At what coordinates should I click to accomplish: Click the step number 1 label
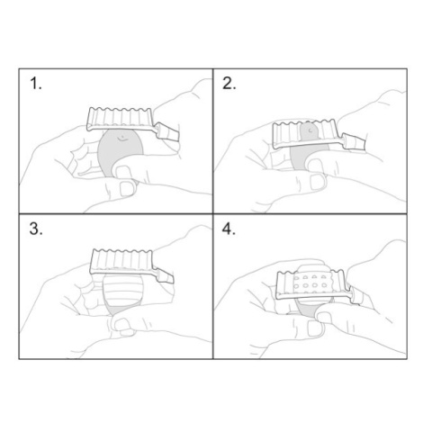(36, 84)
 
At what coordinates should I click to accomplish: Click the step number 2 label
(229, 84)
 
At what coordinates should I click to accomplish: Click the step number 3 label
(36, 229)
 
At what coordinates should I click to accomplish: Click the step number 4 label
(229, 229)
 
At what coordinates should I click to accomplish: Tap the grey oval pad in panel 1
(120, 151)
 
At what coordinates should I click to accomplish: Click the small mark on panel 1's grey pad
(121, 139)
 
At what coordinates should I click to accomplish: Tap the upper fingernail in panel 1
(122, 172)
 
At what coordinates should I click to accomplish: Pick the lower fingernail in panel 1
(127, 189)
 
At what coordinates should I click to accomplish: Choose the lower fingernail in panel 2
(318, 182)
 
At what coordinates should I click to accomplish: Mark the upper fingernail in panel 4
(324, 318)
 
